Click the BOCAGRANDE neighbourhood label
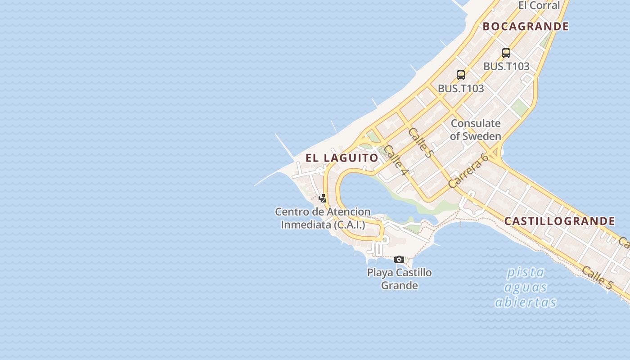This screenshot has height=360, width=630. point(526,27)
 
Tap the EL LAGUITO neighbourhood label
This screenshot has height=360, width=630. point(342,158)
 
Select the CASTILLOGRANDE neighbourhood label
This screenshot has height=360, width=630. point(559,221)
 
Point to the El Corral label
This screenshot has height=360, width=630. point(539,5)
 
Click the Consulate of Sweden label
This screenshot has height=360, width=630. point(476,130)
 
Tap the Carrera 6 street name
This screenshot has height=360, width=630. point(468,171)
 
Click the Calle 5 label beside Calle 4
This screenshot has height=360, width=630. point(420,142)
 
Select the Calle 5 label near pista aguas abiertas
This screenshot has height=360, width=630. point(597,277)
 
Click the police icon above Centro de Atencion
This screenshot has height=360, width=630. point(322,198)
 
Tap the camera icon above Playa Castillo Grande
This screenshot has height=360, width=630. point(399,259)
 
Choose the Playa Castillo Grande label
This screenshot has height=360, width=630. point(399,279)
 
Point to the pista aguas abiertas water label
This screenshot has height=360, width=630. point(526,287)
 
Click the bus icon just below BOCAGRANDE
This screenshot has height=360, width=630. point(506,53)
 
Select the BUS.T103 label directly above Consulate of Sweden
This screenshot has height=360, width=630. point(461,88)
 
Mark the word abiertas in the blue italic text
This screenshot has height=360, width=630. point(526,302)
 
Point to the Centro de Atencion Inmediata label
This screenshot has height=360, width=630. point(323,218)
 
